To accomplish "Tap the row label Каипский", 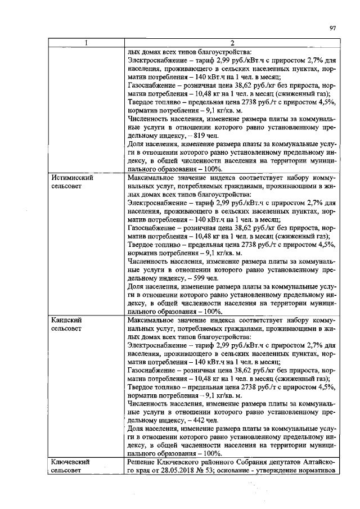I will (63, 319).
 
